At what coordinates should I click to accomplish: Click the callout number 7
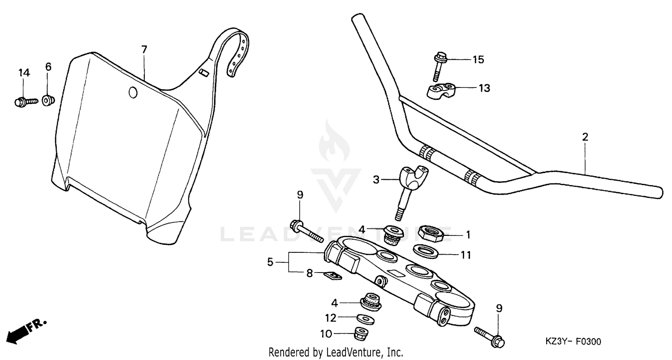(144, 49)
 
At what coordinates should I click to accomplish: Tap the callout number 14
(24, 73)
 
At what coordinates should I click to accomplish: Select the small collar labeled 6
(47, 100)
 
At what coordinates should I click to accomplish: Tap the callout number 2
(585, 137)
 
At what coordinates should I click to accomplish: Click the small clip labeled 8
(332, 275)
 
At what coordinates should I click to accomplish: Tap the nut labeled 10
(361, 334)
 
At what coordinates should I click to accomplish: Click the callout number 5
(270, 262)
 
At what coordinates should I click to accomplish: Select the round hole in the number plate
(133, 93)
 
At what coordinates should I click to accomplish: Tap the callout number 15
(478, 60)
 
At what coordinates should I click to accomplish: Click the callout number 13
(484, 88)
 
